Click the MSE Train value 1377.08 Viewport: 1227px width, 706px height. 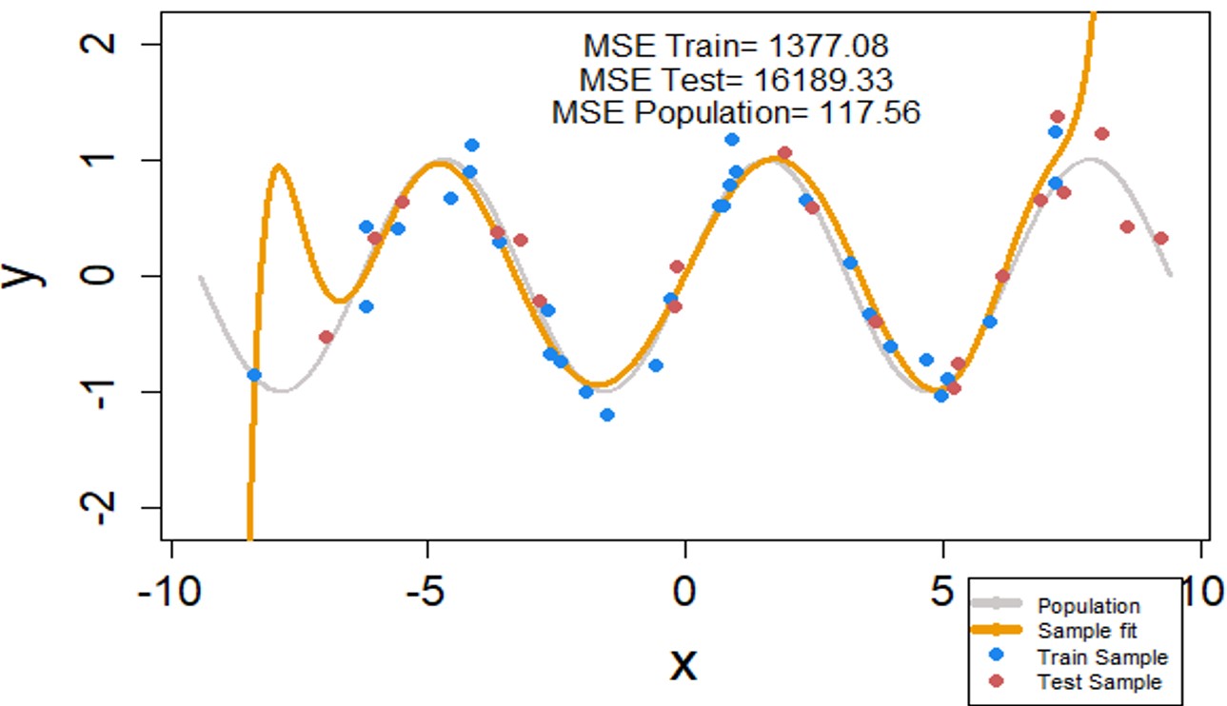[828, 46]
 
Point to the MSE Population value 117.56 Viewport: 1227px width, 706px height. [869, 112]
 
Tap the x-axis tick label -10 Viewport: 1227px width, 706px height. [170, 593]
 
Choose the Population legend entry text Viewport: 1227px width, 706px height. [1088, 606]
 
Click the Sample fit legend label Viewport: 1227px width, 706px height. [1087, 631]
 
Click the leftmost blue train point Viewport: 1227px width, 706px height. [254, 375]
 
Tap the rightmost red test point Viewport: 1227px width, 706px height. [1160, 238]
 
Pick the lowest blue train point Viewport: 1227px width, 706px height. [607, 415]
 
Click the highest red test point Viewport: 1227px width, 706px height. [1057, 116]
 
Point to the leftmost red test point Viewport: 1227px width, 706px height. [327, 337]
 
